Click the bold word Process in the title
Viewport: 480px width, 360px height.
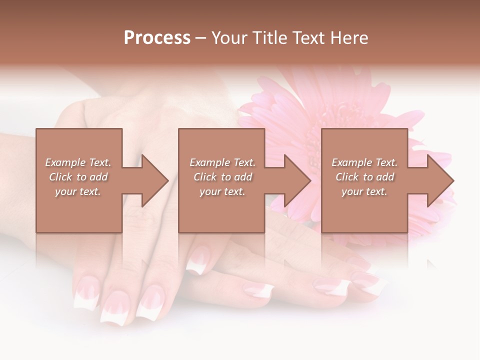coord(157,38)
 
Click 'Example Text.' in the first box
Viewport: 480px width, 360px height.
coord(78,162)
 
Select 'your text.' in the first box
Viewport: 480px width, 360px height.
coord(78,191)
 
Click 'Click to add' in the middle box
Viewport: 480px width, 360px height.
coord(222,177)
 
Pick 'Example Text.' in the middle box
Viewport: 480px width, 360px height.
coord(222,162)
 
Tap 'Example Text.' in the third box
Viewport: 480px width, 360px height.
coord(364,162)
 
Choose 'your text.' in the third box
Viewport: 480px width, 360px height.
coord(364,191)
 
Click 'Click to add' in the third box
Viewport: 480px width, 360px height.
coord(364,177)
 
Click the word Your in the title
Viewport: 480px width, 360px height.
coord(228,38)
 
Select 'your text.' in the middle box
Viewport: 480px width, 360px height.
coord(222,191)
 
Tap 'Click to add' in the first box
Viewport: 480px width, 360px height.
coord(78,177)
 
